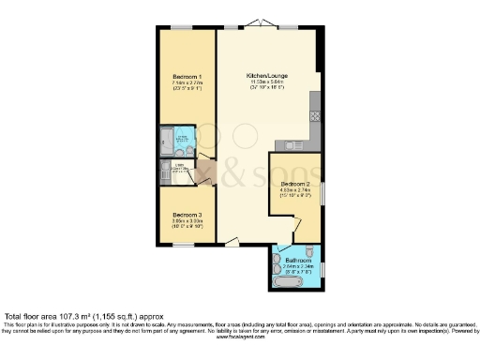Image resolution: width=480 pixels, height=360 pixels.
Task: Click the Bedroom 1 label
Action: point(187,76)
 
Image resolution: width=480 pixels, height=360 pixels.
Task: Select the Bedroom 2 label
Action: point(294,184)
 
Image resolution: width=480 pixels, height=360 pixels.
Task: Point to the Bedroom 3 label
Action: point(187,216)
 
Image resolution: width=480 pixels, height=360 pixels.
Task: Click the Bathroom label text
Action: point(298,259)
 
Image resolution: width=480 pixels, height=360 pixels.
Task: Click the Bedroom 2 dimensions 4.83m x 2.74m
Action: point(295,191)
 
